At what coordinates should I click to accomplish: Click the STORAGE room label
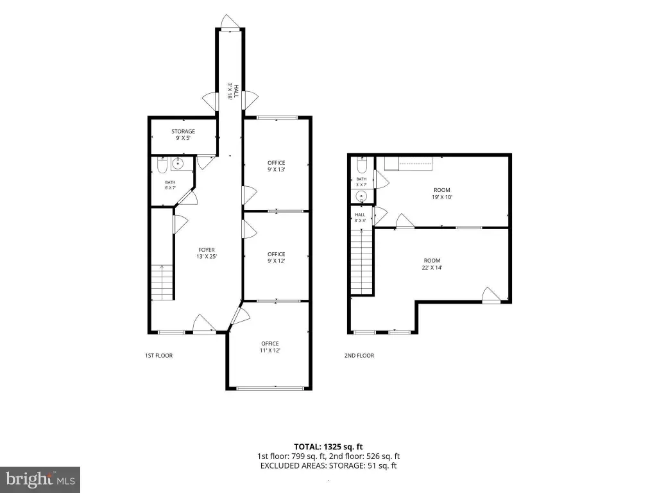pos(183,131)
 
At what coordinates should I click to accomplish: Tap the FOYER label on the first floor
pos(207,250)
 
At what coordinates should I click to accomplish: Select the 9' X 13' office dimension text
pos(276,169)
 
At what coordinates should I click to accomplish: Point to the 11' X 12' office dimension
pos(270,350)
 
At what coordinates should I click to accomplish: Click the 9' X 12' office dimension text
pos(276,261)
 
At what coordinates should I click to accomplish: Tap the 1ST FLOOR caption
pos(159,356)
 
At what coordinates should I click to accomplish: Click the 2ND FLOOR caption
pos(359,356)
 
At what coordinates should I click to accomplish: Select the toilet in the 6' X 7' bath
pos(162,165)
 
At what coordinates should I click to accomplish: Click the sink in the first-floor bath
pos(178,164)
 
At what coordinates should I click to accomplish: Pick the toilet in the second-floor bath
pos(362,165)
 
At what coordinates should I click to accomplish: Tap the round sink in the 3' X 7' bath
pos(361,196)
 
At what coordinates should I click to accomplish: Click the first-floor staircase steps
pos(162,282)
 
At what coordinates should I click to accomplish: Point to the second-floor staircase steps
pos(362,262)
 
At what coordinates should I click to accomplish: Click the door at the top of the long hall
pos(230,22)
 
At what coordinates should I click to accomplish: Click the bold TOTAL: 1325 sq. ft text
pos(328,447)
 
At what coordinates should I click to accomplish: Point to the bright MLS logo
pos(40,480)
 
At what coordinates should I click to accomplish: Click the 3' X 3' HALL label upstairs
pos(360,217)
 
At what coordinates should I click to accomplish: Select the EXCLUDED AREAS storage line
pos(328,465)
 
